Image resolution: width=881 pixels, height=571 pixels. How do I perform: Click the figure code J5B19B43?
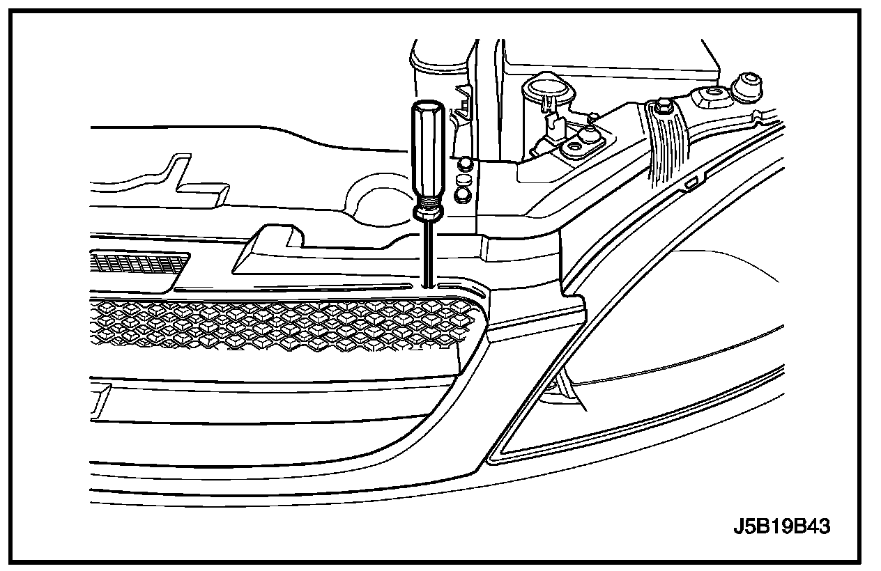(x=781, y=526)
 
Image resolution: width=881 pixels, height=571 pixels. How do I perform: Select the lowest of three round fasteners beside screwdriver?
(x=461, y=196)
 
